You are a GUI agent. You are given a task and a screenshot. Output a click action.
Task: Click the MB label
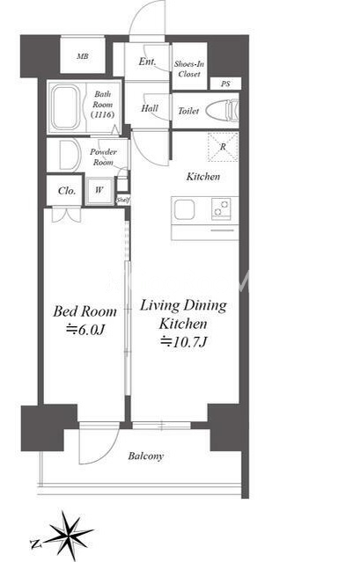pos(83,56)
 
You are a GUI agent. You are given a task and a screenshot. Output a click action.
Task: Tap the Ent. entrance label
pos(147,62)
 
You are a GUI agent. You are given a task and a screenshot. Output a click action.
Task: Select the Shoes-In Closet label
pos(189,69)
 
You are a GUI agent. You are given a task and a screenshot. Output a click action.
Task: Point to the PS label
pos(225,84)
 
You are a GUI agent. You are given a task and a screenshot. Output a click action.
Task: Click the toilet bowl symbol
pos(223,111)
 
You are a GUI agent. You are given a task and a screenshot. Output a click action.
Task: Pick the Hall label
pos(150,108)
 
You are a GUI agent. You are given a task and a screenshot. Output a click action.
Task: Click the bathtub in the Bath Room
pos(65,107)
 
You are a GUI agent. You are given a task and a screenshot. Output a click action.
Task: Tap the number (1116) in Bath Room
pos(103,114)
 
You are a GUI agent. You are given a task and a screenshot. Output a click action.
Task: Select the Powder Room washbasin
pos(70,155)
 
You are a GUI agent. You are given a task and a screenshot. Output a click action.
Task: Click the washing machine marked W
pos(99,191)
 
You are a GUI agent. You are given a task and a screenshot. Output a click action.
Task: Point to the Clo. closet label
pos(67,191)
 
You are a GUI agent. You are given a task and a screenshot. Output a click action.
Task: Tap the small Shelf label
pos(123,201)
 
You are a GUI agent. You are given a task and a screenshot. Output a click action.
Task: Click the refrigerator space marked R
pos(223,147)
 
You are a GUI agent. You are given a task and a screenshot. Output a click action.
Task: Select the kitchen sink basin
pos(184,209)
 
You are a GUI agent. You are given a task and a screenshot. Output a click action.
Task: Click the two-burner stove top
pos(221,208)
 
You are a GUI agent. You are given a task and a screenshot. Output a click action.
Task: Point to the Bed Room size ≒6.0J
pos(85,330)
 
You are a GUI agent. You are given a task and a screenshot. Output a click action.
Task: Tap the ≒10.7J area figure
pos(183,342)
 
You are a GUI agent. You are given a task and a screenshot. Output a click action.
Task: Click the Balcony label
pos(146,456)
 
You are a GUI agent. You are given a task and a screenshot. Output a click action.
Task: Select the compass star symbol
pos(68,535)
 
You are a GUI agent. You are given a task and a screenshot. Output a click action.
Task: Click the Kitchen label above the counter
pos(203,177)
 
